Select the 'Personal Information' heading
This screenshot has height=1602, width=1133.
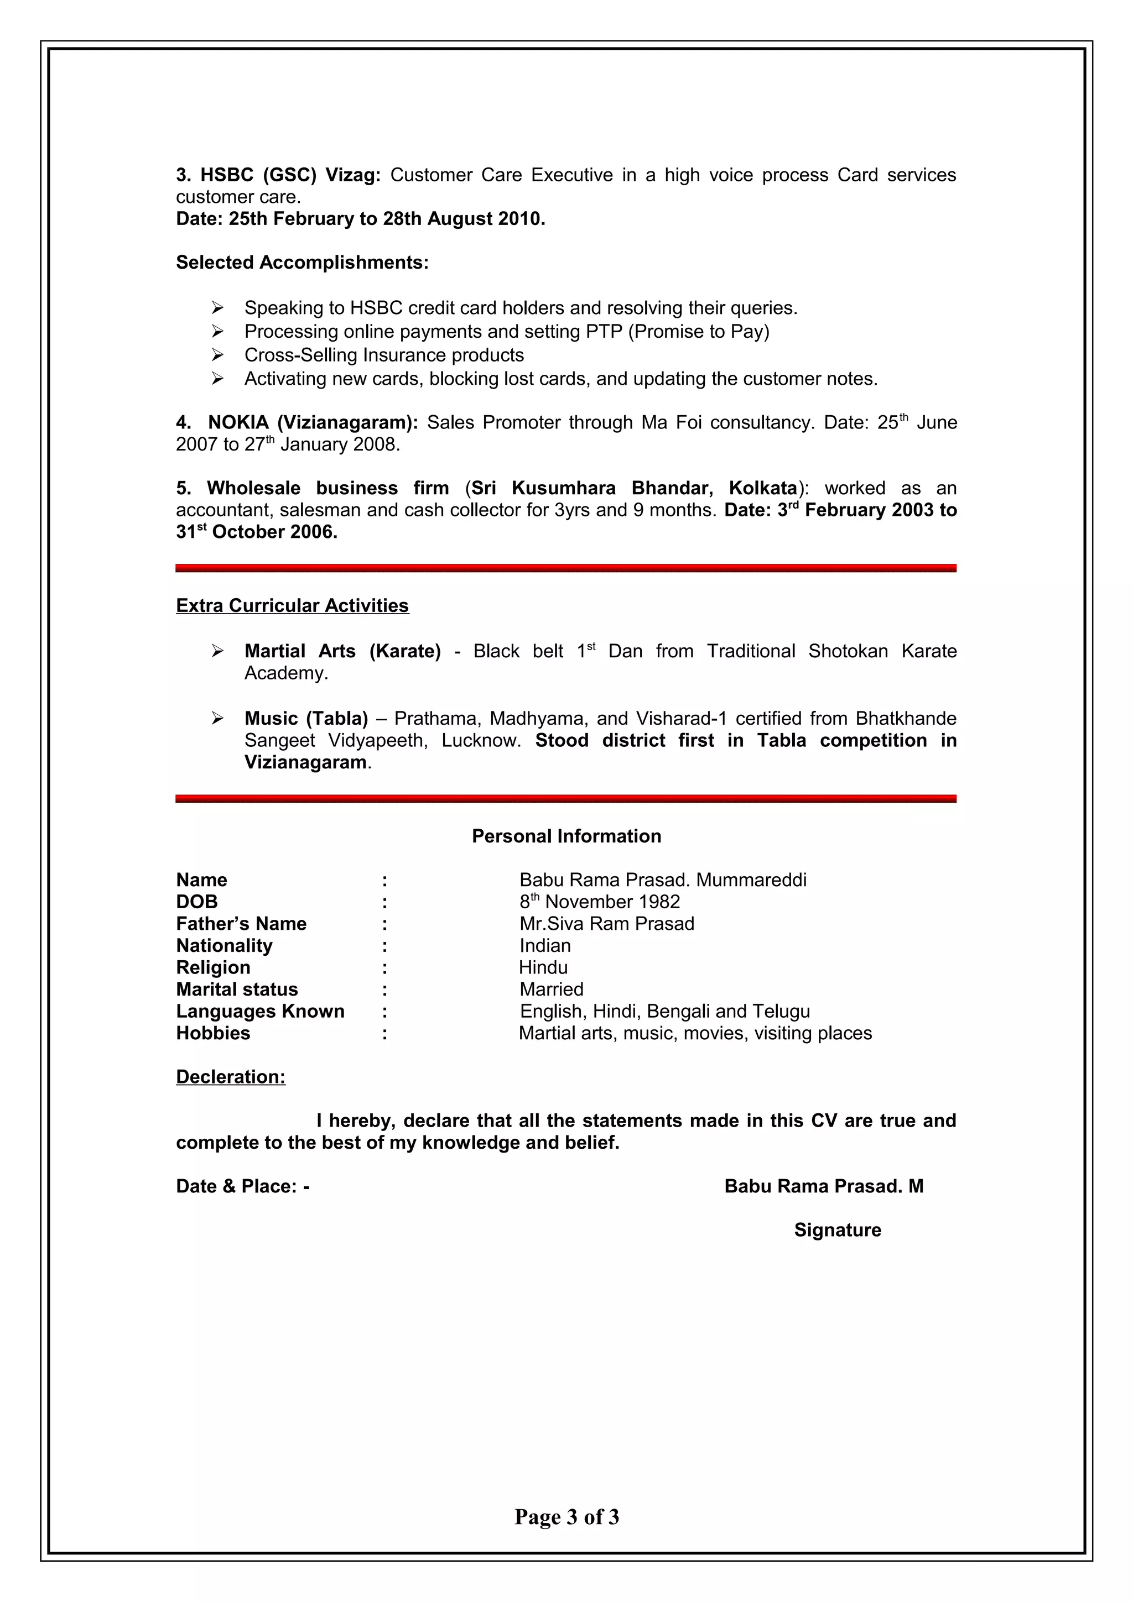click(566, 836)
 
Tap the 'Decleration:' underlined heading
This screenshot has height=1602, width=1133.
click(230, 1077)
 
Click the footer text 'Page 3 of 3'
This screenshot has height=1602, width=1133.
click(566, 1516)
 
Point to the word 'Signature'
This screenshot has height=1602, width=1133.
click(837, 1229)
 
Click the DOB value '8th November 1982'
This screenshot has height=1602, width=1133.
click(599, 902)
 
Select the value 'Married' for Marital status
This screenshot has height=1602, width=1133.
click(551, 990)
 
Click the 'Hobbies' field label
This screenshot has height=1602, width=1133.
click(213, 1033)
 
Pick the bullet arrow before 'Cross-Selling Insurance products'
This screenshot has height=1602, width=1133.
click(218, 355)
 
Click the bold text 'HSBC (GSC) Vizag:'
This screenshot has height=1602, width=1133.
click(290, 175)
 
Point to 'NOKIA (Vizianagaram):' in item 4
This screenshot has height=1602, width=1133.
click(313, 422)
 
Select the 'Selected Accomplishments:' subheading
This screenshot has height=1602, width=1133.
click(302, 263)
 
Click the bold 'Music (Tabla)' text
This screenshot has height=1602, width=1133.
click(306, 718)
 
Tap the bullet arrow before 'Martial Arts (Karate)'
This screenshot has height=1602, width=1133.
click(218, 651)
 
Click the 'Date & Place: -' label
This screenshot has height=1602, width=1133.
click(242, 1186)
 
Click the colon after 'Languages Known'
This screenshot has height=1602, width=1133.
click(384, 1012)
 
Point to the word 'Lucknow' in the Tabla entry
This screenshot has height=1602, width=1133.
click(479, 740)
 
